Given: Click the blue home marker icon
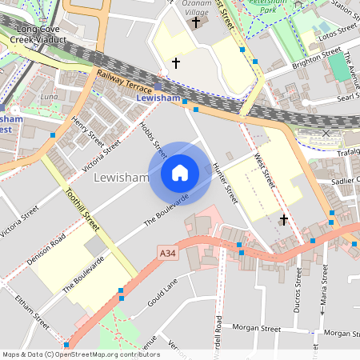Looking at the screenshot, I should click(180, 172).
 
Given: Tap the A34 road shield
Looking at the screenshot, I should click(166, 254).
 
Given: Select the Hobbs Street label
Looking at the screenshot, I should click(154, 138).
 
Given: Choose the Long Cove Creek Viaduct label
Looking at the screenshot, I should click(40, 34).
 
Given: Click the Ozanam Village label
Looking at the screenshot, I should click(195, 8).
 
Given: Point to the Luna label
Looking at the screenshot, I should click(49, 96).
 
